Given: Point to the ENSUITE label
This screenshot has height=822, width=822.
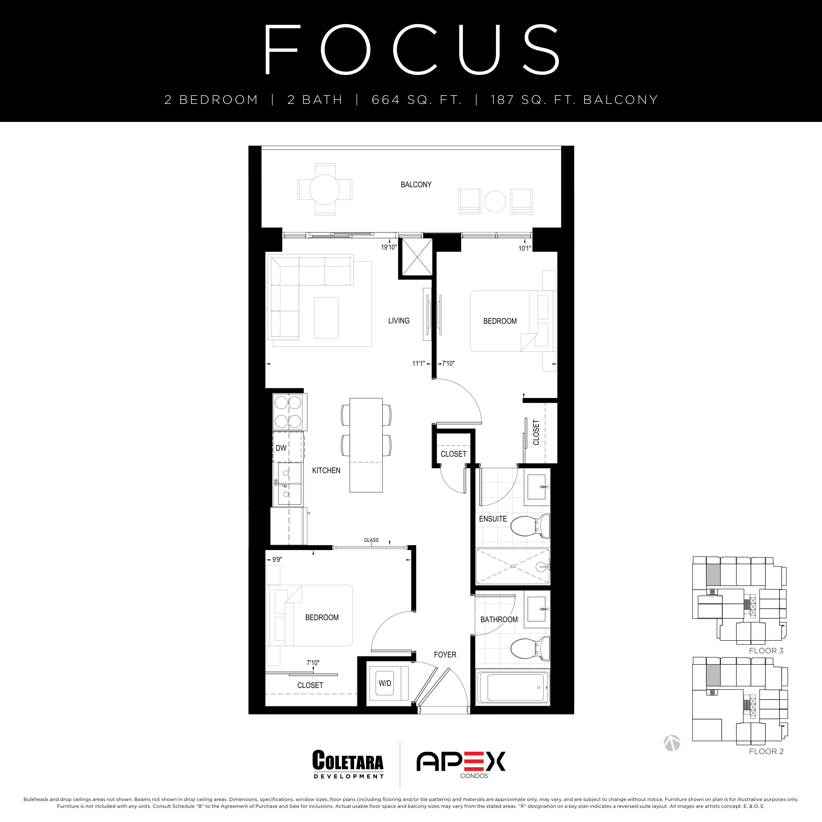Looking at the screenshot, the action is (493, 519).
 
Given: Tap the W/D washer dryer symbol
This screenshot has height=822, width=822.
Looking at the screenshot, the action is (385, 684).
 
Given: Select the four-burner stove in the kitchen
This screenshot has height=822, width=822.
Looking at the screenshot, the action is (289, 412).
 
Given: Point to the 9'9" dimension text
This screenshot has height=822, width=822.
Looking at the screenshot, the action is (277, 559).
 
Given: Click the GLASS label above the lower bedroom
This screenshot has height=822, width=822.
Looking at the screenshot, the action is (371, 540).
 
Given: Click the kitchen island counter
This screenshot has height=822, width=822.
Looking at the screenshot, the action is (366, 445).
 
